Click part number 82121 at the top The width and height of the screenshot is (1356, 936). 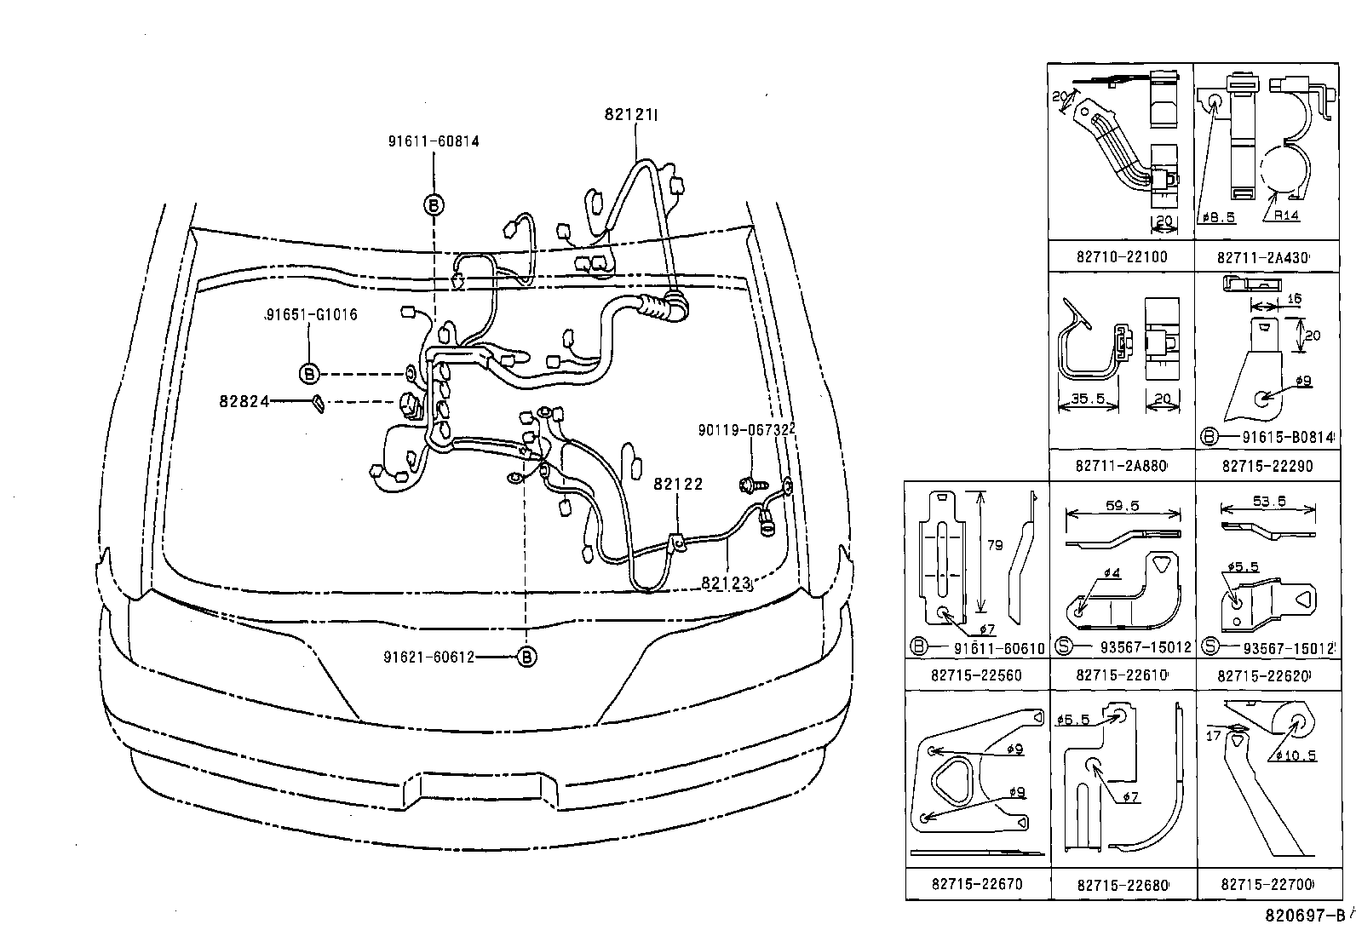(629, 114)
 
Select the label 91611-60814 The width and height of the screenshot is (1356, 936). (433, 141)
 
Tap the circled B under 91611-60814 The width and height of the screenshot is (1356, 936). (434, 204)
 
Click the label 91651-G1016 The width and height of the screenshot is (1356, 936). (310, 315)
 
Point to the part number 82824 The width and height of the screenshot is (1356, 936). (244, 401)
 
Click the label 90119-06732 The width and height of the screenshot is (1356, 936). (746, 431)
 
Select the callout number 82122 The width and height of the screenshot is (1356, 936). (678, 484)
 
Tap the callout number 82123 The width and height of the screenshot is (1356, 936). (727, 583)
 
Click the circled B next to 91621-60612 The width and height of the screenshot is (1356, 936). (527, 657)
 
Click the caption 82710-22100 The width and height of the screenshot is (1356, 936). (1121, 256)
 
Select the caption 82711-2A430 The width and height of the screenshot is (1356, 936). (1263, 257)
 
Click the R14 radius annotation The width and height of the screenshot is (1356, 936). (1286, 215)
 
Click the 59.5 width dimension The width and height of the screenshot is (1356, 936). (1123, 506)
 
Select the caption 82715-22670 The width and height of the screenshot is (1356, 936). (977, 883)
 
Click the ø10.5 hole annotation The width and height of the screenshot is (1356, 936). (1297, 755)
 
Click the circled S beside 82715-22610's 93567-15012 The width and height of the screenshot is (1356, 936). (1062, 647)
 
